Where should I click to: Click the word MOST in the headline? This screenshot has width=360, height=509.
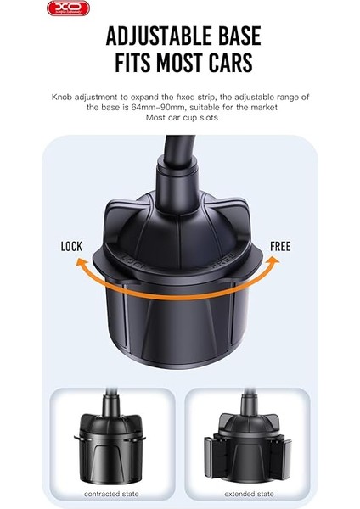(x=178, y=64)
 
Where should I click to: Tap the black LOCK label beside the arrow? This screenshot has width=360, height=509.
(x=72, y=247)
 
